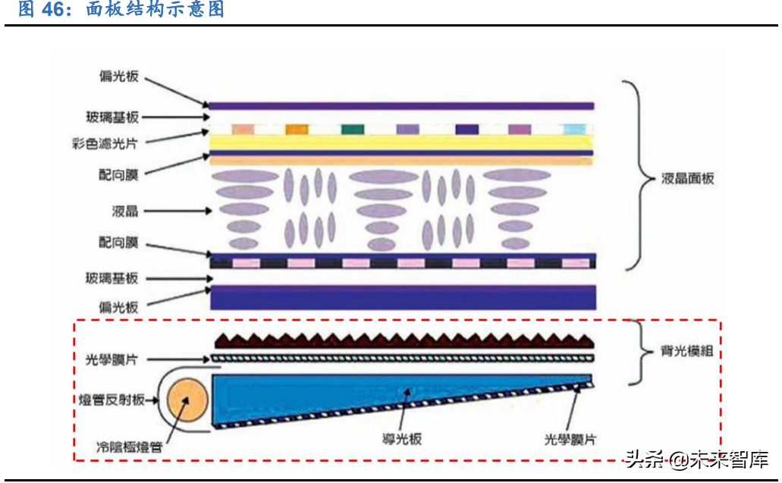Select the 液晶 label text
click(x=125, y=209)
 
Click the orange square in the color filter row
click(x=297, y=130)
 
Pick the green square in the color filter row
click(x=353, y=130)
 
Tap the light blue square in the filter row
click(x=574, y=130)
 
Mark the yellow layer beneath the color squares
click(x=401, y=143)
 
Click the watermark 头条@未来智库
click(x=696, y=459)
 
